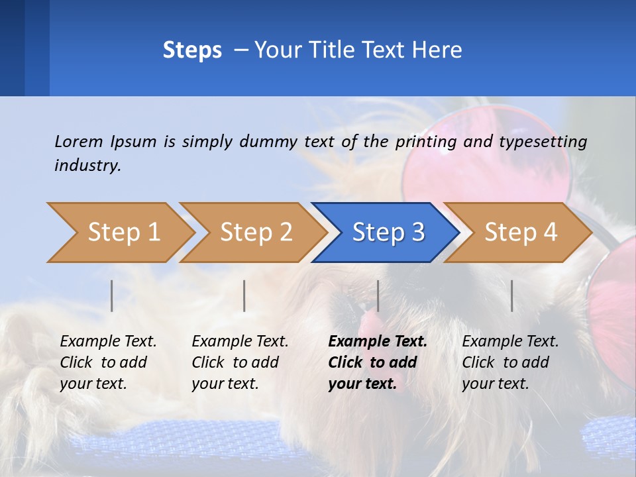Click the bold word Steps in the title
click(192, 50)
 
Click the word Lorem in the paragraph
click(78, 141)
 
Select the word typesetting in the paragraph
click(543, 141)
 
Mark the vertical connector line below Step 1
click(112, 295)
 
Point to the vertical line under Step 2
click(244, 295)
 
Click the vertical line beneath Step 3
click(378, 295)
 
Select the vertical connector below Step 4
click(511, 295)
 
